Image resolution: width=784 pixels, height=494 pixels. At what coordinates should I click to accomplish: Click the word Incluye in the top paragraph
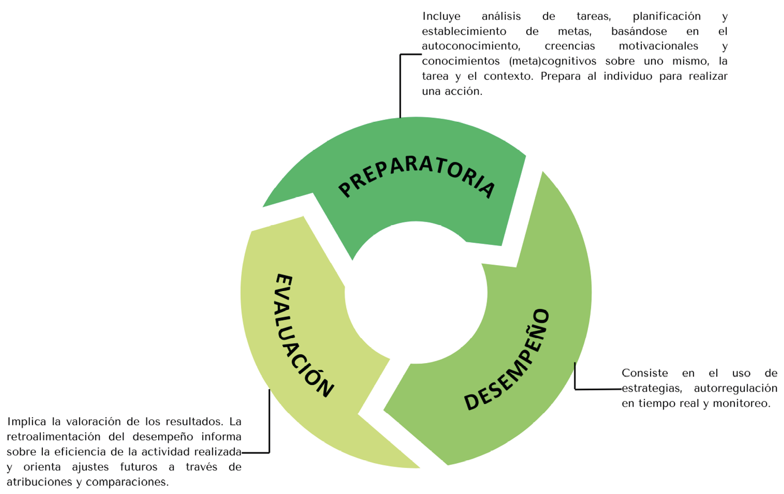point(441,17)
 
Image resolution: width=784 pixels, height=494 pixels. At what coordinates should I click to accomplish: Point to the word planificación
point(666,17)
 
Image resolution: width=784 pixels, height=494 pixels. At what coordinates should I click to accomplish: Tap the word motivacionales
point(658,46)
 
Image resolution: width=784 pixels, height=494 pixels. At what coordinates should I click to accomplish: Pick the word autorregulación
point(735,388)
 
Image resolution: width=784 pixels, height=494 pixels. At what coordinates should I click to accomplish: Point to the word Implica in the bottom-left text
point(27,422)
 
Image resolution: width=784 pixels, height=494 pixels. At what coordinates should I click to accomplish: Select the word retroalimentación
point(53,437)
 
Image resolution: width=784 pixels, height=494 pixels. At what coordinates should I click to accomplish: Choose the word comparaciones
point(127,482)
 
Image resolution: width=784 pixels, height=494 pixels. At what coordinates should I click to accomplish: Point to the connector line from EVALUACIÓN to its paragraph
point(269,424)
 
